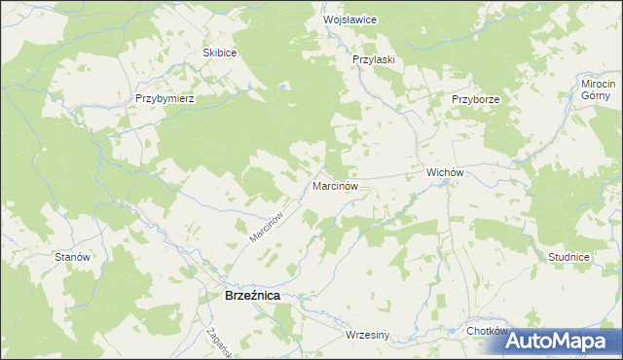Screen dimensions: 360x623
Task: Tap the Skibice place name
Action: point(219,53)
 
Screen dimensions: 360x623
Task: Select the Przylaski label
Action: point(373,59)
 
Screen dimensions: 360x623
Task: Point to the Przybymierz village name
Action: point(166,99)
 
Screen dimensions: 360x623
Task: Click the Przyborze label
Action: point(475,99)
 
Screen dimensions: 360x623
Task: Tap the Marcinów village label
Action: point(336,185)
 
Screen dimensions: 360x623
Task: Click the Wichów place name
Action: point(443,172)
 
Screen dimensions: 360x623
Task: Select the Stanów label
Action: point(73,257)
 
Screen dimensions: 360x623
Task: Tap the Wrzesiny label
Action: point(367,336)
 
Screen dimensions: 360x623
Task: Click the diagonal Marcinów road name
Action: point(265,226)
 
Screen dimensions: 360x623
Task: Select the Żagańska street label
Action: point(216,341)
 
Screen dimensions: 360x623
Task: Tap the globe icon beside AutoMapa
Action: point(495,342)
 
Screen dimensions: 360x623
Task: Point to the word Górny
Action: point(595,95)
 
